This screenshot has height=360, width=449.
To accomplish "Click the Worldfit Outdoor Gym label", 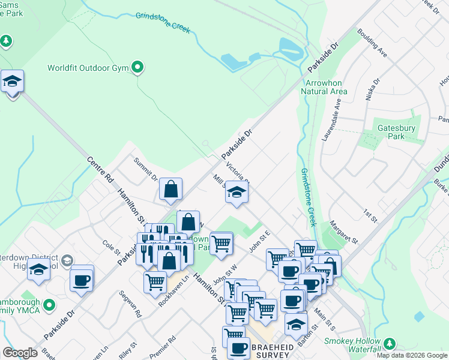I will pos(88,68).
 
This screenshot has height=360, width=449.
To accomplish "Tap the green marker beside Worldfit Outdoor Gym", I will pos(138,67).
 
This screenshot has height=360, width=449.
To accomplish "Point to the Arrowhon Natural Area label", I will pos(326,87).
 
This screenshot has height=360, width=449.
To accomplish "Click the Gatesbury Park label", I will pos(393,131).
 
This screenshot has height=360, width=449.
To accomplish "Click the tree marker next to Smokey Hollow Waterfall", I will pos(390,344).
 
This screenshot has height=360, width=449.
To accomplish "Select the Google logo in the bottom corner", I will pos(20,353).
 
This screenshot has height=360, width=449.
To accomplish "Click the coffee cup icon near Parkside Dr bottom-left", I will pos(81,280).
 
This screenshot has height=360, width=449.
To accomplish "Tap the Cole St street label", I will pos(112,247).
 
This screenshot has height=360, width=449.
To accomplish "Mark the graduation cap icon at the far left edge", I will pos(12,81).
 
